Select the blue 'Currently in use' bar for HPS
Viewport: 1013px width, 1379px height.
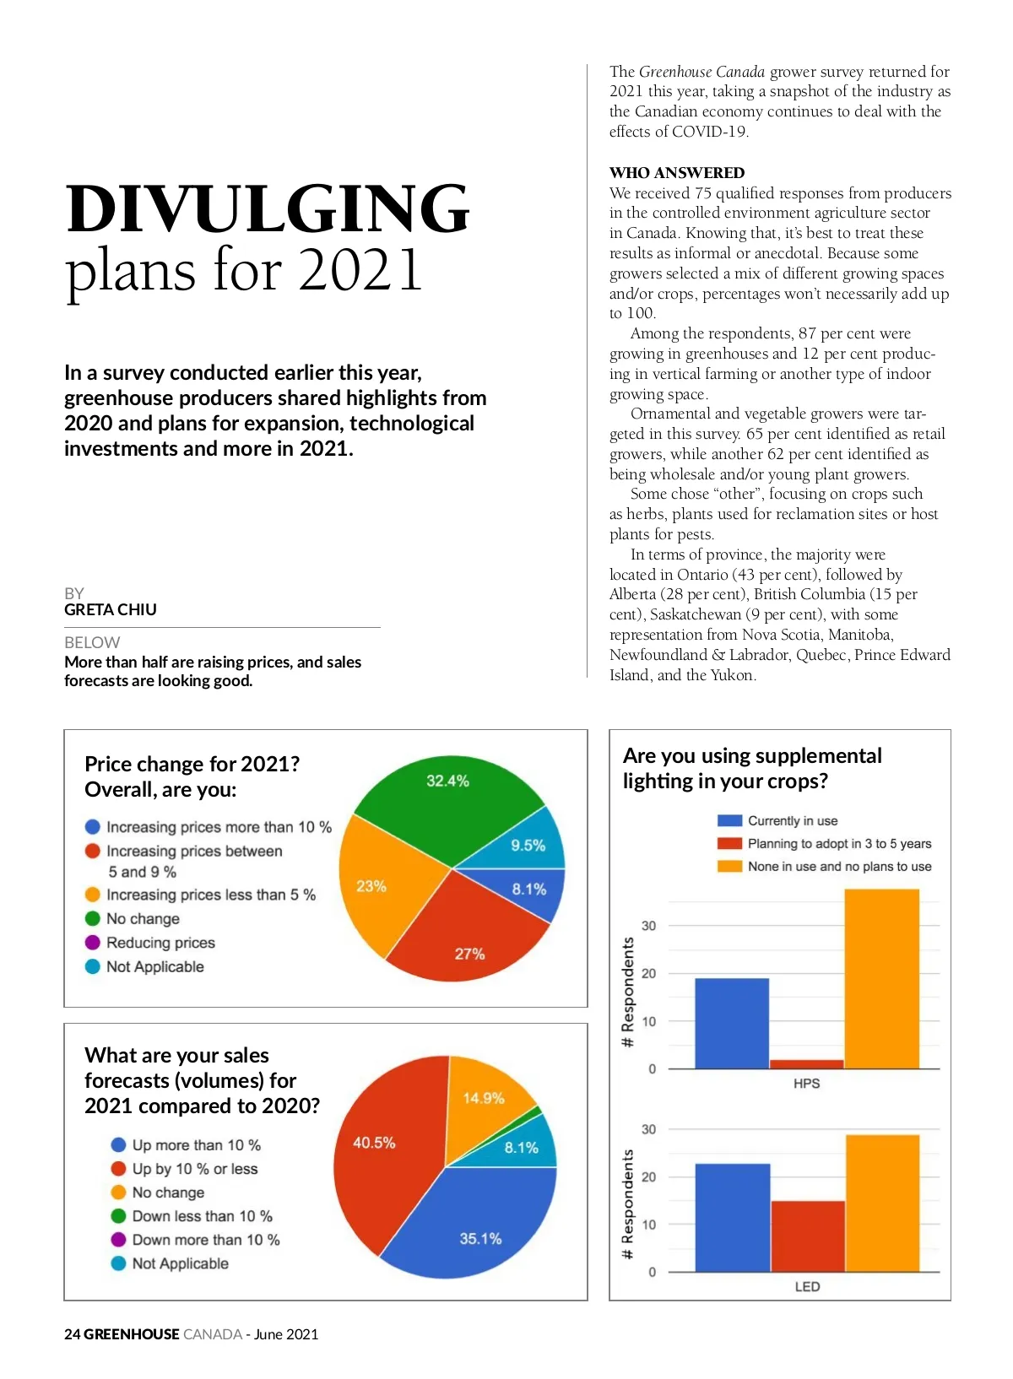point(732,1023)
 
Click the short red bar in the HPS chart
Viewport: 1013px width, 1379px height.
point(806,1063)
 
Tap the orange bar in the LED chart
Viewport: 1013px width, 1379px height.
point(882,1203)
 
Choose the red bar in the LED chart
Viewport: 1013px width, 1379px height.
point(808,1236)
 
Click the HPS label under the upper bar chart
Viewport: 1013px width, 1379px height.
point(806,1084)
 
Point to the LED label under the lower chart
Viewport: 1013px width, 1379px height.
point(807,1287)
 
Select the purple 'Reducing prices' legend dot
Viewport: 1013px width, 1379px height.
point(93,943)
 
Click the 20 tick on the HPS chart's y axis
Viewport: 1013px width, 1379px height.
point(648,973)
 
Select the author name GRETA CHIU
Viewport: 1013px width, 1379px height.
point(111,609)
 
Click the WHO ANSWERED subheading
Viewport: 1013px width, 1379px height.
point(677,173)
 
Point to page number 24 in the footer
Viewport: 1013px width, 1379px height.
point(72,1334)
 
